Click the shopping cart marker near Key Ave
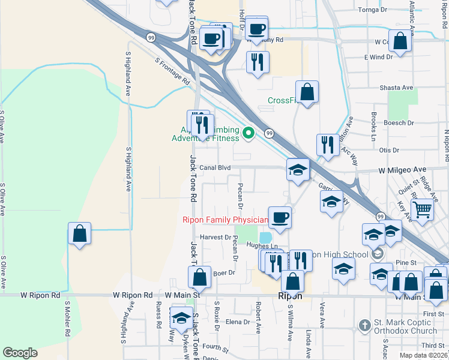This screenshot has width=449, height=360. [x=422, y=209]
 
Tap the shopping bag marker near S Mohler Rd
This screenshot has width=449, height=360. [x=79, y=233]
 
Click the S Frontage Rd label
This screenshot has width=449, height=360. [x=172, y=71]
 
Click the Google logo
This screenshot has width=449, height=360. [x=20, y=353]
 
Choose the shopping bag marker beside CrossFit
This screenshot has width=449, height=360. [x=307, y=92]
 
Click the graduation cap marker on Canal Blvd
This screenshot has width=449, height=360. [x=298, y=170]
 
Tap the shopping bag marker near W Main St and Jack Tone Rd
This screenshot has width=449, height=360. [x=199, y=277]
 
